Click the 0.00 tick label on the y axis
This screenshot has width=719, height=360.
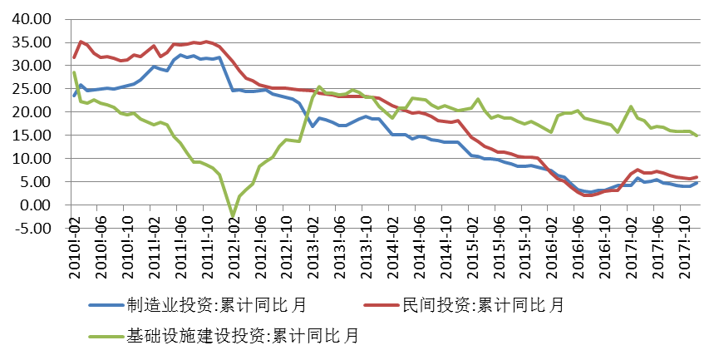(x=35, y=205)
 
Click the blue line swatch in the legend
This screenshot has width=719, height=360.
(x=106, y=306)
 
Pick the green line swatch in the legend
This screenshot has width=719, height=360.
(x=106, y=337)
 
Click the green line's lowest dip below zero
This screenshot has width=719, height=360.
(x=234, y=216)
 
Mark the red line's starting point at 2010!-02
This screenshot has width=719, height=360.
(x=75, y=57)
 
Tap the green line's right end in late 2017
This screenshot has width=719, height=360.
(x=697, y=135)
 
